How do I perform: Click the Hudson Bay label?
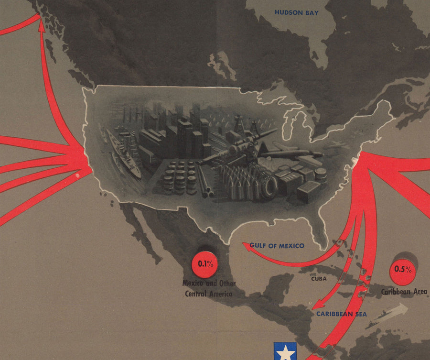(296, 13)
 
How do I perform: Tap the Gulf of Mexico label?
(277, 246)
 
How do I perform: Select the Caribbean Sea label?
(341, 314)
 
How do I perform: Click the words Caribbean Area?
(404, 291)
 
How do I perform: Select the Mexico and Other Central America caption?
(209, 289)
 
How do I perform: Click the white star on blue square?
(286, 351)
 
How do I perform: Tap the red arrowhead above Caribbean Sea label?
(315, 305)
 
